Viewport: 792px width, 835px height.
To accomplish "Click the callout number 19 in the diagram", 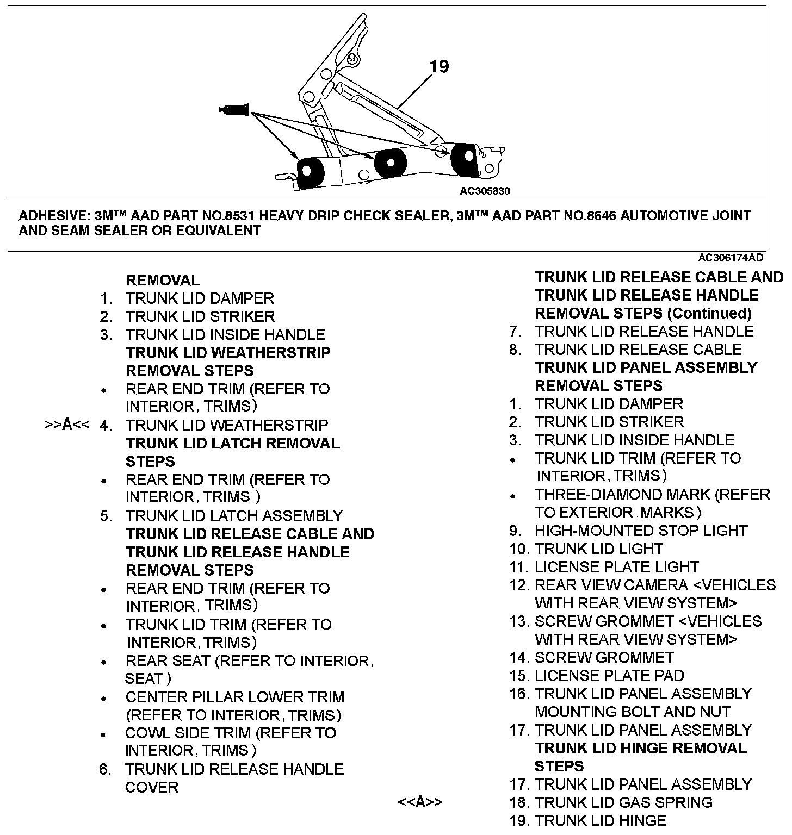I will (439, 66).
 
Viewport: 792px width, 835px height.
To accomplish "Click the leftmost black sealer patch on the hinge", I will (311, 172).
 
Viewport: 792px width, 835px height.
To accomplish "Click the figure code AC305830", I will (485, 191).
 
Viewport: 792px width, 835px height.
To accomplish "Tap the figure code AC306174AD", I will (731, 257).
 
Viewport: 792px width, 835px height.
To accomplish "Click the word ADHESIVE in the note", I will (53, 216).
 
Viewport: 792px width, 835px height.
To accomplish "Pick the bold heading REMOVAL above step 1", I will (163, 281).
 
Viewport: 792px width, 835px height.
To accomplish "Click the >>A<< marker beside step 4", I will (66, 425).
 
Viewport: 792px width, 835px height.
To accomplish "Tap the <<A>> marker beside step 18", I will (420, 802).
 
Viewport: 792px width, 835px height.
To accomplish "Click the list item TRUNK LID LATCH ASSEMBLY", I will (234, 515).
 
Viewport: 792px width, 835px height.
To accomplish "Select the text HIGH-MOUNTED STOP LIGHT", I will (641, 531).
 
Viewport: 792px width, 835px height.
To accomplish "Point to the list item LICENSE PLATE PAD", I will (609, 676).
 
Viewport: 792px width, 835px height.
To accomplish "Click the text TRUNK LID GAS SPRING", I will (623, 802).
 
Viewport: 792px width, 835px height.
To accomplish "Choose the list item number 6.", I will (105, 769).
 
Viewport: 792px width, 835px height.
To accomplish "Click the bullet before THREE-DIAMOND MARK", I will (512, 496).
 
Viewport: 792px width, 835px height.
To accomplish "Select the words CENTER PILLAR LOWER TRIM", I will (234, 697).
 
